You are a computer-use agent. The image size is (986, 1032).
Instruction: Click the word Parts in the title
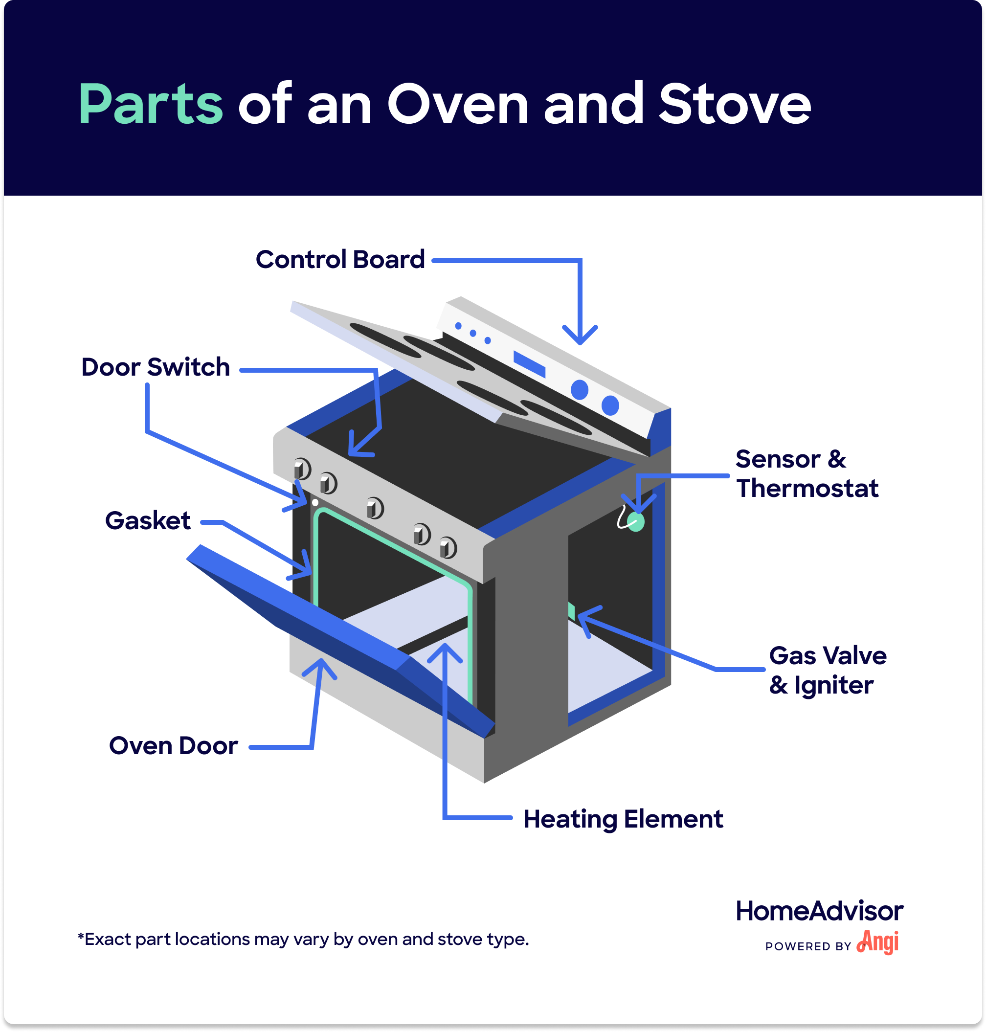click(150, 105)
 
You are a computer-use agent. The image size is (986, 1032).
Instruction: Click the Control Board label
click(340, 260)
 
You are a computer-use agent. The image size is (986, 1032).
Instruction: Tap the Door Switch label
click(156, 367)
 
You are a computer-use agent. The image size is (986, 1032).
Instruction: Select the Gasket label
click(148, 521)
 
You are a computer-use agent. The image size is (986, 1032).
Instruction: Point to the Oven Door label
click(174, 746)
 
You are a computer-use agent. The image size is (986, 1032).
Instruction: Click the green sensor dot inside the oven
click(636, 522)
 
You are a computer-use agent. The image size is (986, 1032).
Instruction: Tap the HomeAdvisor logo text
click(819, 911)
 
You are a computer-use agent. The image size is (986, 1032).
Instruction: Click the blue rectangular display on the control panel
click(529, 364)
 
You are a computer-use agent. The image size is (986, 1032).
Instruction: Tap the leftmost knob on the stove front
click(302, 469)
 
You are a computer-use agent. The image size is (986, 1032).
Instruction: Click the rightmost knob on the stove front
click(448, 548)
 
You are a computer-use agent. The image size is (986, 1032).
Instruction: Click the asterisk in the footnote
click(81, 936)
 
